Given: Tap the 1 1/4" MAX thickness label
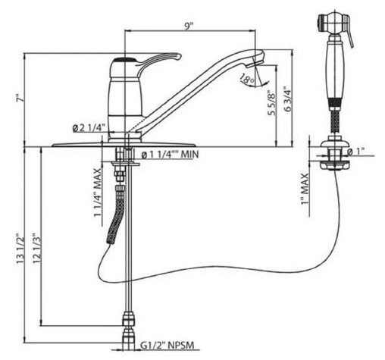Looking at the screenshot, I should tap(98, 196).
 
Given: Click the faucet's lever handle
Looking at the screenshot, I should tap(155, 59).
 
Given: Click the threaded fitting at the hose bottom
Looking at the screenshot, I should tap(127, 318).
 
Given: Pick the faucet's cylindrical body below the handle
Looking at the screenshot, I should tap(124, 99).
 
